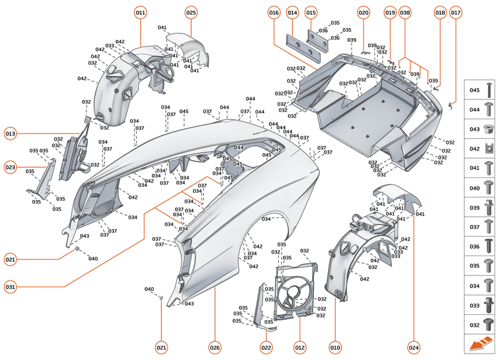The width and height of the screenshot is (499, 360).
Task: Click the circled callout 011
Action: [x=141, y=12]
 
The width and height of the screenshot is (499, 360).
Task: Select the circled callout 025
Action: [x=191, y=12]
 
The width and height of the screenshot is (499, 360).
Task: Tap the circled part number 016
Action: [x=274, y=12]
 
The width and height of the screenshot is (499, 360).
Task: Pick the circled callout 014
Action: [x=292, y=12]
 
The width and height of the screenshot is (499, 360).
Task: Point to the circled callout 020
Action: [x=363, y=12]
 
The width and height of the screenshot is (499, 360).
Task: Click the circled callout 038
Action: [x=405, y=12]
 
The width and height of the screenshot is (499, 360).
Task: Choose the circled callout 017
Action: [x=456, y=12]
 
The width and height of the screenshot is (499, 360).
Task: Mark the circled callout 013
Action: [x=10, y=134]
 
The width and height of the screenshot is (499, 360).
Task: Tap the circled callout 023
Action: [x=10, y=166]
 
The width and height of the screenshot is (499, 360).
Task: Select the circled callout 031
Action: [x=10, y=286]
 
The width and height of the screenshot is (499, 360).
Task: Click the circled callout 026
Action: [x=215, y=347]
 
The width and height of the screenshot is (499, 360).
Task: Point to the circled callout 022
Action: [x=266, y=347]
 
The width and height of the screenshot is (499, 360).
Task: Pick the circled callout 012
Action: [x=300, y=347]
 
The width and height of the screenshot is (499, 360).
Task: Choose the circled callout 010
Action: [x=335, y=347]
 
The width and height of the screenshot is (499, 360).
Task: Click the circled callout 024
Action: [x=414, y=347]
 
